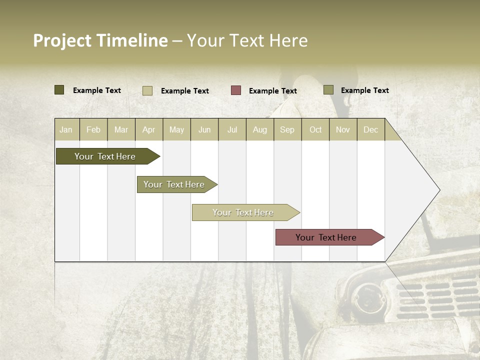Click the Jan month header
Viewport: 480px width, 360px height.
66,129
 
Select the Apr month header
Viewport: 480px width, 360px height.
149,129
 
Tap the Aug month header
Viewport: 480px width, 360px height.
260,129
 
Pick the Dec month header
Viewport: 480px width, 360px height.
370,129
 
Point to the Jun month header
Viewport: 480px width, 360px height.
204,129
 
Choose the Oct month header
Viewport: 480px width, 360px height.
315,129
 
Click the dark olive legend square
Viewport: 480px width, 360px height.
59,90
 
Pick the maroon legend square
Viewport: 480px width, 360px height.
236,90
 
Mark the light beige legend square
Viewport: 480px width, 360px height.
147,90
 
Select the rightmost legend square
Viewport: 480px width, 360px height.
328,90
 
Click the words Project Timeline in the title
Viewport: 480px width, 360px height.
100,40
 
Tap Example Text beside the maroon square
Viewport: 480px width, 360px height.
272,91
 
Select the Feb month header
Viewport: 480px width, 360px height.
93,129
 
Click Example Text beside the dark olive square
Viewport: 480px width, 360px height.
97,90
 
